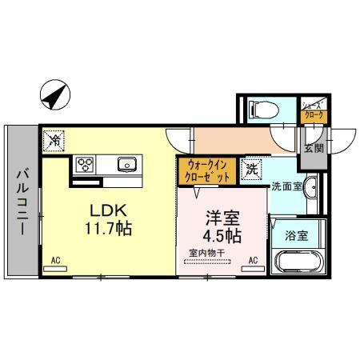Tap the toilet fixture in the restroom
coord(261,109)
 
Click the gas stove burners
coord(85,165)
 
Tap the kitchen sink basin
coord(126,165)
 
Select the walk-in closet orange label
coord(206,170)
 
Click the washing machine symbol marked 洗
coord(252,169)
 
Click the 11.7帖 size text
coord(106,229)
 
